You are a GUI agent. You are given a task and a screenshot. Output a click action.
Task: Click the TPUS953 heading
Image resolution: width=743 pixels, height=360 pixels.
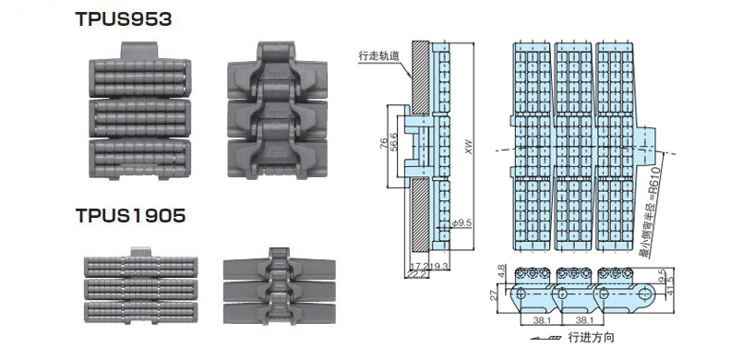click(123, 19)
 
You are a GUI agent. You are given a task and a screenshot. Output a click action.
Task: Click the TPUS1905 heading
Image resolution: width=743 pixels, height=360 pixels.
click(130, 215)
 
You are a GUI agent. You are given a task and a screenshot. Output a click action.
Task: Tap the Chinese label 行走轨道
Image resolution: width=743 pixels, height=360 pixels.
click(378, 55)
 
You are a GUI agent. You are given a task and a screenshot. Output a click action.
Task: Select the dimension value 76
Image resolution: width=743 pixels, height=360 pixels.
click(384, 144)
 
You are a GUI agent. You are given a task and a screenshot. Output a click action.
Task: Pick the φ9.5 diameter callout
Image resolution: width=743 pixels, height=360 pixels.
click(461, 222)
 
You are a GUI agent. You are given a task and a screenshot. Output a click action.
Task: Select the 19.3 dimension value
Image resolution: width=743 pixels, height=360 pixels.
click(439, 267)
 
